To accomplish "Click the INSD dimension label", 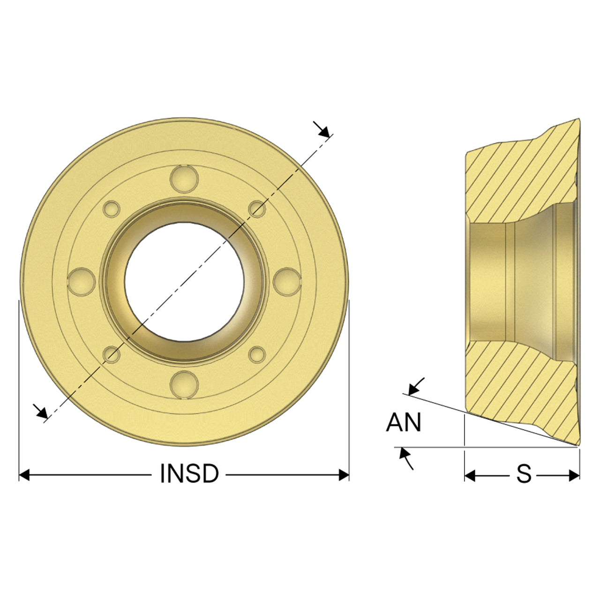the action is pyautogui.click(x=189, y=473).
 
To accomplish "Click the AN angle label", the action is pyautogui.click(x=404, y=422).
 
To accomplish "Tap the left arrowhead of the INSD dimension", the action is pyautogui.click(x=24, y=475).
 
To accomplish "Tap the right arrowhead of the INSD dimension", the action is pyautogui.click(x=344, y=475).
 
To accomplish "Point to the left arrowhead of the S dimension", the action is pyautogui.click(x=470, y=475).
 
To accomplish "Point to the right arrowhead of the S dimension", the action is pyautogui.click(x=575, y=475).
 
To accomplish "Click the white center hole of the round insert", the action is pyautogui.click(x=184, y=281).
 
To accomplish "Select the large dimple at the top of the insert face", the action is pyautogui.click(x=184, y=179).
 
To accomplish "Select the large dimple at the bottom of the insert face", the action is pyautogui.click(x=184, y=384).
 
